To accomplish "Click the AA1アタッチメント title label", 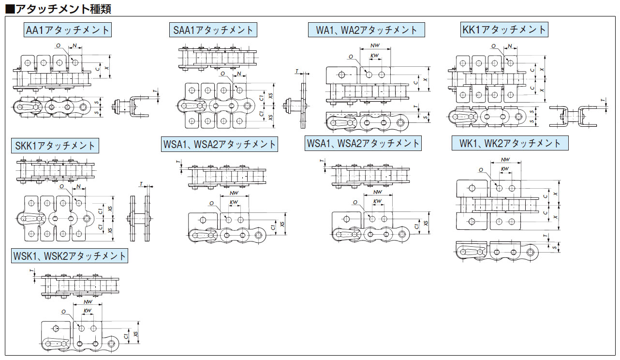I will point(68,30).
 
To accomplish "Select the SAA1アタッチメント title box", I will point(213,30).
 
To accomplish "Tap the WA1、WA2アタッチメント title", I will point(367,30).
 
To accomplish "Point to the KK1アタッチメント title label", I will point(504,30).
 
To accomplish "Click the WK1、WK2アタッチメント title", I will point(510,143).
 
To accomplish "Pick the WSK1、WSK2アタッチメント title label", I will point(70,256).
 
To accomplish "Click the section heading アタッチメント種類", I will point(60,8).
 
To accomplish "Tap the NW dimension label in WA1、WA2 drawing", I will point(374,45).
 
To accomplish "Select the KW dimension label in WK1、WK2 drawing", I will point(505,169).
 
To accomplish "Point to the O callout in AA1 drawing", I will point(59,45).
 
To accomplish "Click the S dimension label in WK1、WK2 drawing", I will point(554,247).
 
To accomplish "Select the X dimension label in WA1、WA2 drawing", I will point(425,79).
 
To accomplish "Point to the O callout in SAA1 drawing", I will point(222,74).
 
